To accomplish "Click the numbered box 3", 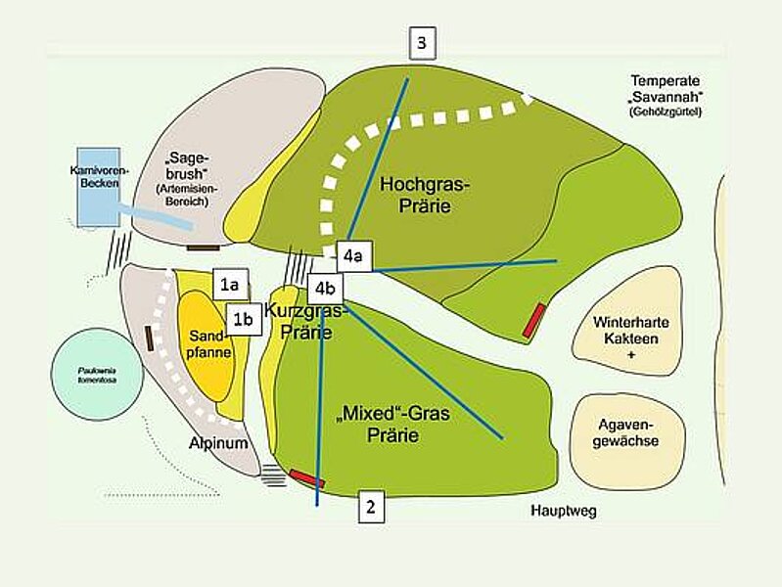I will [421, 43].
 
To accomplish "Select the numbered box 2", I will [370, 507].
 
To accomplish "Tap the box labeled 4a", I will [353, 257].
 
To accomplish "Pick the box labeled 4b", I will [326, 289].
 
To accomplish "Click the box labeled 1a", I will [230, 285].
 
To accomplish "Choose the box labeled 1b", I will [245, 319].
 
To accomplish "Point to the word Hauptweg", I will [563, 512].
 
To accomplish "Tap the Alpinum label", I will [218, 443].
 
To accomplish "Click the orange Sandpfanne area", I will [207, 342].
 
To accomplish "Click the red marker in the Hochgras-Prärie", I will [533, 321].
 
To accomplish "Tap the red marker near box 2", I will [306, 477].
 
